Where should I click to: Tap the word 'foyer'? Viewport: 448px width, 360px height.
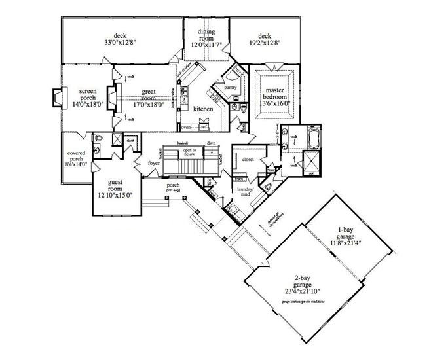tap(153, 163)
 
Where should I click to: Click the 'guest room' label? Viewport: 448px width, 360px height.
tap(114, 189)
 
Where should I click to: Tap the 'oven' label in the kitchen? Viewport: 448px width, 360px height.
tap(186, 128)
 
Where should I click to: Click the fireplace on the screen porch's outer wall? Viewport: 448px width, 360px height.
tap(55, 97)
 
